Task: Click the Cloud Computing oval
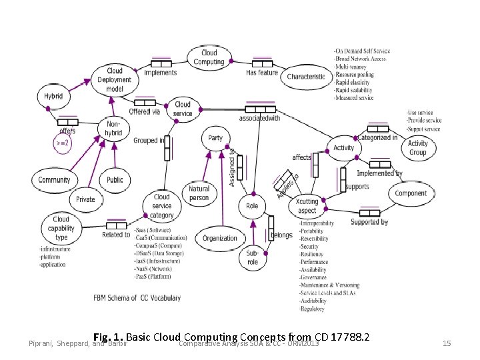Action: coord(209,57)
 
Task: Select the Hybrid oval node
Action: coord(53,96)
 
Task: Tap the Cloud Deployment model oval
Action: coord(115,80)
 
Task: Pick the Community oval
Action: coord(54,180)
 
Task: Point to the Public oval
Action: coord(115,180)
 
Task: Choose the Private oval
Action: coord(85,199)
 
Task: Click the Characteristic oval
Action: coord(306,77)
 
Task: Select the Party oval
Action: coord(215,138)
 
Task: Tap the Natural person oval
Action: coord(199,193)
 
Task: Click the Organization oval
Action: coord(220,238)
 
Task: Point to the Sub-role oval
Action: coord(253,257)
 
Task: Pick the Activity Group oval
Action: coord(417,147)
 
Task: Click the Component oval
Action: coord(411,193)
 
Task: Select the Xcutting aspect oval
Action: coord(307,206)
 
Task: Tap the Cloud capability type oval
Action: coord(61,228)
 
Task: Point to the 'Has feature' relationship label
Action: coord(262,73)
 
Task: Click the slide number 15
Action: coord(447,343)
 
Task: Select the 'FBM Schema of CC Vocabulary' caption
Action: coord(137,298)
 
